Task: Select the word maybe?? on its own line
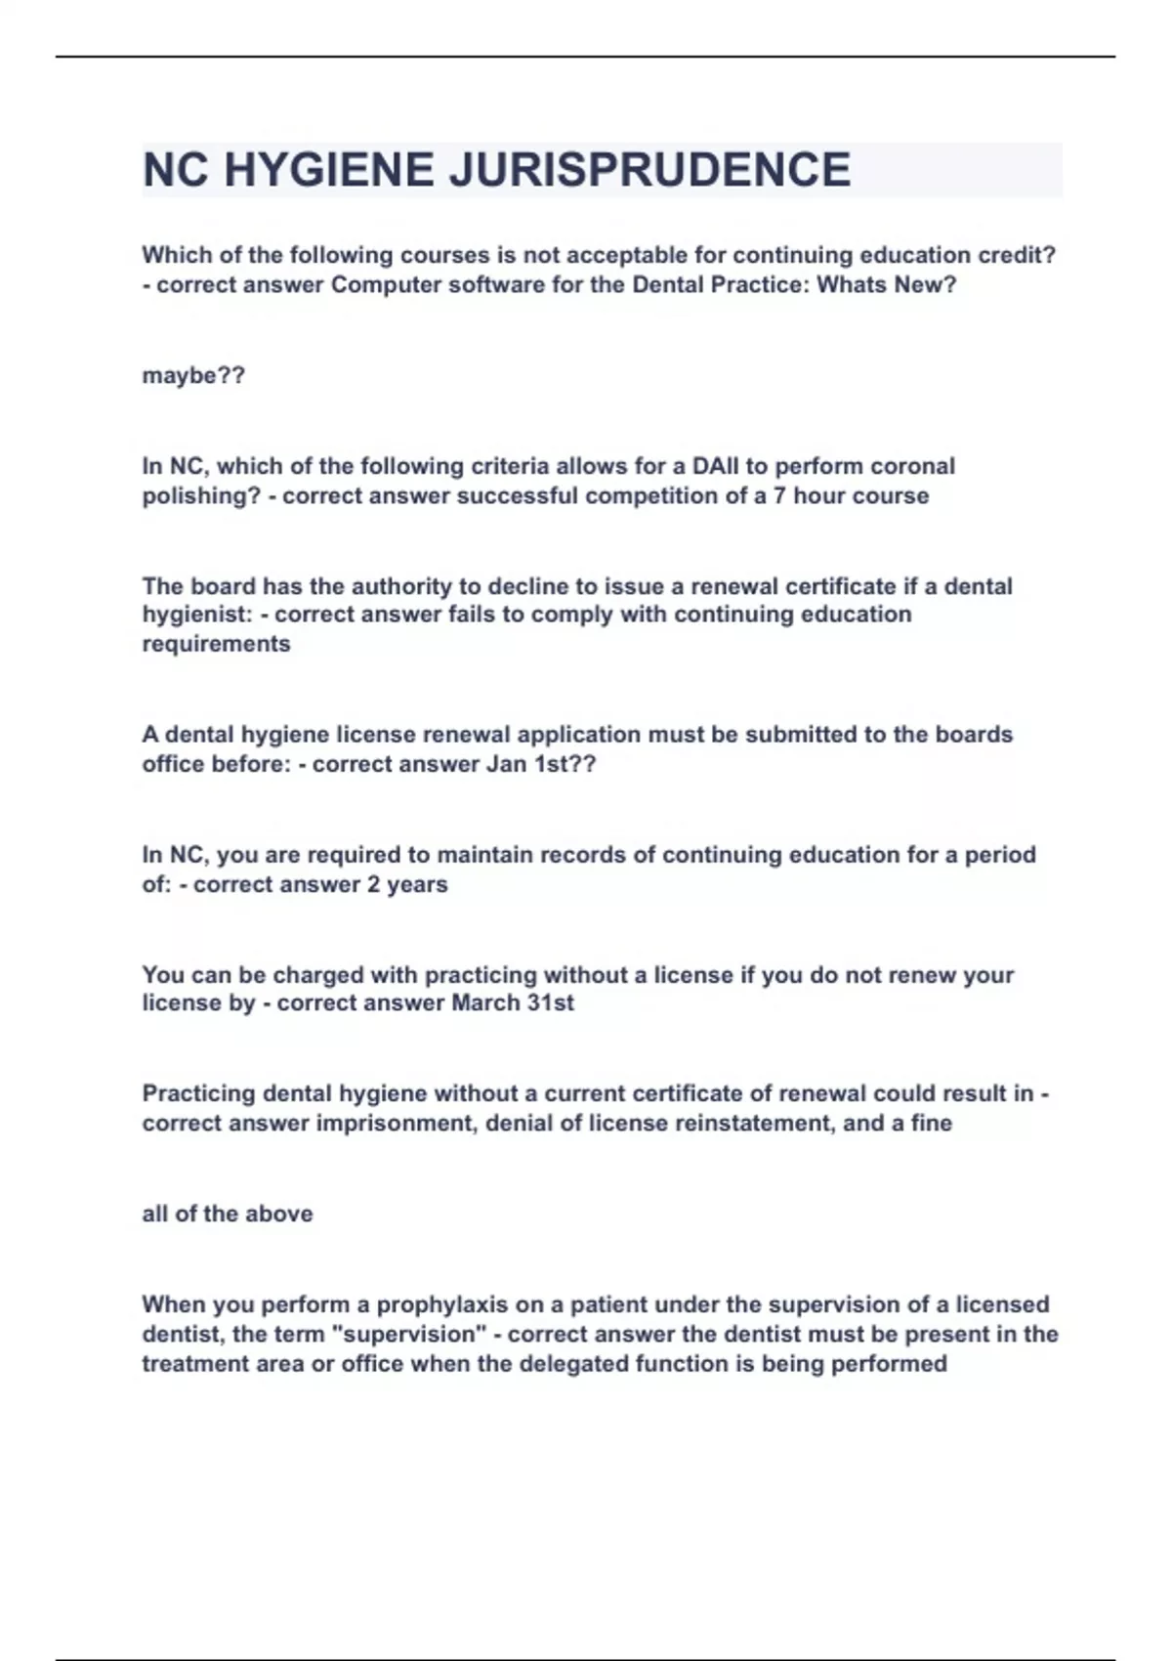(193, 375)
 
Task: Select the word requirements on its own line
(216, 644)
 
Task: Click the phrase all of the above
(228, 1214)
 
